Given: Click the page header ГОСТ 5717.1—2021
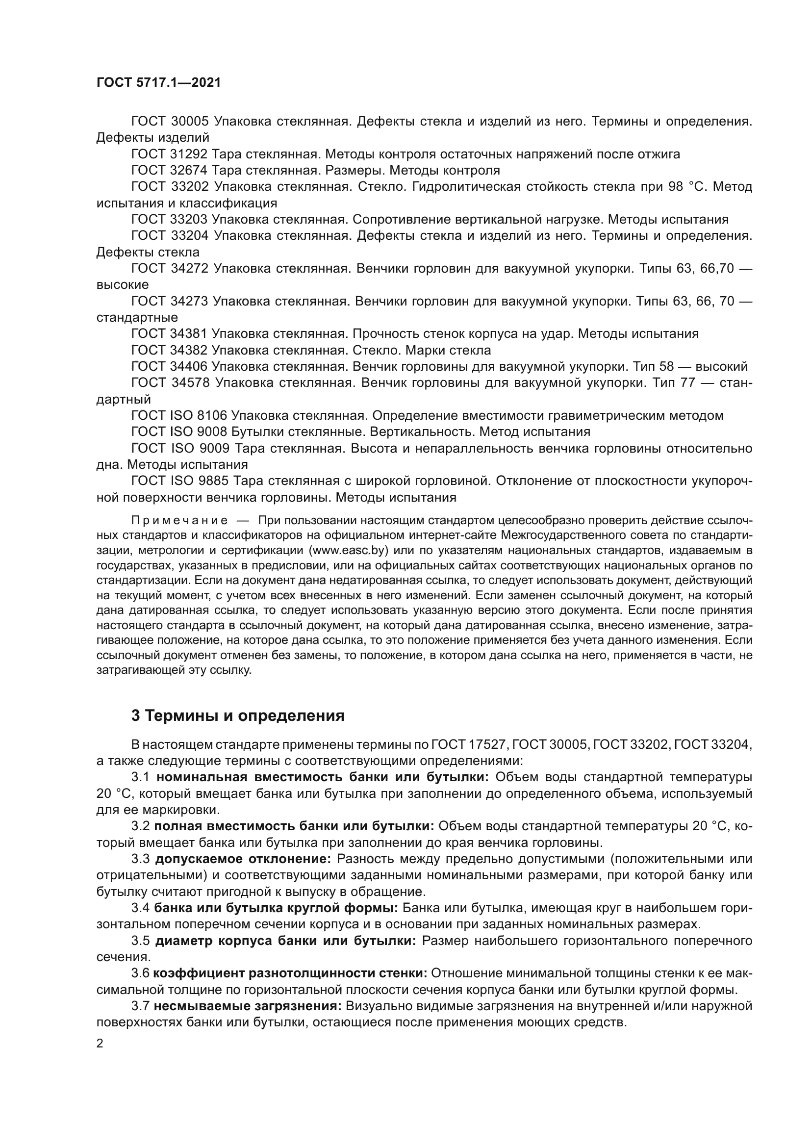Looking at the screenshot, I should point(158,83).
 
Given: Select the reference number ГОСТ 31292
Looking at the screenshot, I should point(169,154).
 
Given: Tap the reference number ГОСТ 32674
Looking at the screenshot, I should point(169,171).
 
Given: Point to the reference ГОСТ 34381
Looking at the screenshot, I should point(169,334).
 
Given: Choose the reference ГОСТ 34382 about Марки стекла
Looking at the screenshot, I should point(169,350).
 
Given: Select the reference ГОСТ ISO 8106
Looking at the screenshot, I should point(179,416).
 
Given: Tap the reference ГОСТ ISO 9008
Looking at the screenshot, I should point(179,432).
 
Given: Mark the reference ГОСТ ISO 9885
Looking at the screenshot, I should point(179,481).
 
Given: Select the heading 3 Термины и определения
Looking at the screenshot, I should point(238,715).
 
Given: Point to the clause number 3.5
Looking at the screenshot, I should point(140,941).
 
